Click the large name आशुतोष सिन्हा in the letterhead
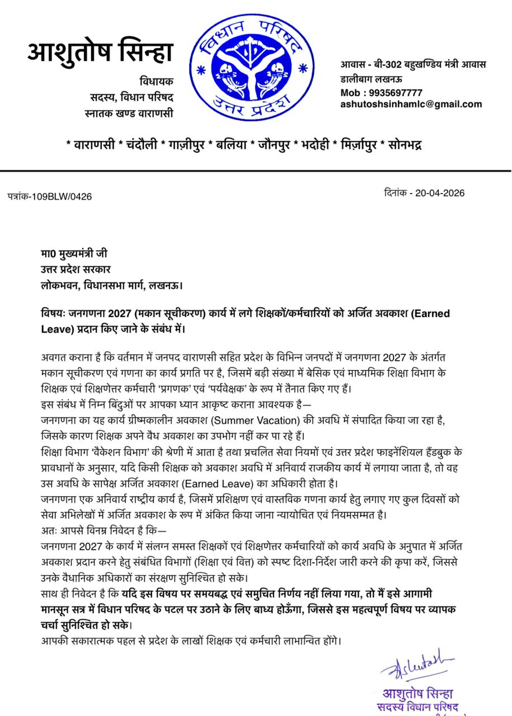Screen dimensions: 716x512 coord(101,53)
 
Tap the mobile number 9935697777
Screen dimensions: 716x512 coord(396,93)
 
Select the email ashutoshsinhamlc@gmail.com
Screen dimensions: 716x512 coord(411,104)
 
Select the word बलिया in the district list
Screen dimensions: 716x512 coord(229,145)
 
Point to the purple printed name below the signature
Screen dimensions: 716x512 coord(417,693)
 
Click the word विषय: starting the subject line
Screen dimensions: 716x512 coord(54,313)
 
